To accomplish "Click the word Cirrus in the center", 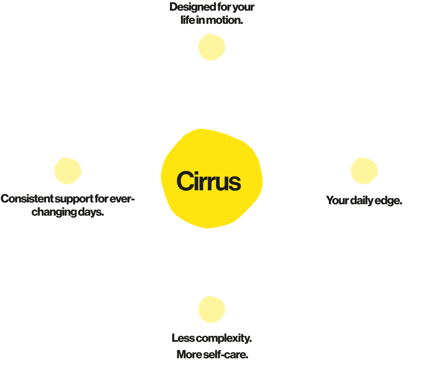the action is [x=209, y=181].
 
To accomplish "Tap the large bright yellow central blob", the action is [x=212, y=178].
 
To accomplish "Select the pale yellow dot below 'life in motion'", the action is [x=212, y=47].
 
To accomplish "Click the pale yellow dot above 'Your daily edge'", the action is [x=364, y=171].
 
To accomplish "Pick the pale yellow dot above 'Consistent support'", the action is [x=68, y=171].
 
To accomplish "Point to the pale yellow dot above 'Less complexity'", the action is [x=212, y=309].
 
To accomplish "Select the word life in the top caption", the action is [x=188, y=20].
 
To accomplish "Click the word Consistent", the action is [x=27, y=199].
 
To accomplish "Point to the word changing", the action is [x=54, y=212].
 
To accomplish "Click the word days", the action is [x=91, y=212].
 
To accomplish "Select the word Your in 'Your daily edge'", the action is [x=337, y=200].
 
